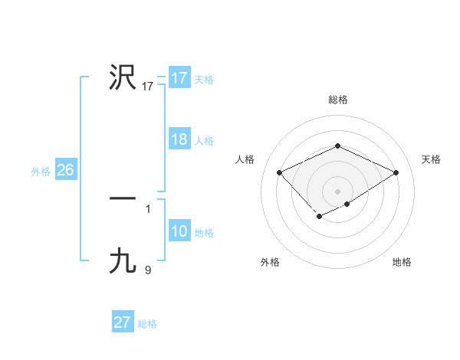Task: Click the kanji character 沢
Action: coord(123,77)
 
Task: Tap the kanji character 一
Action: coord(123,198)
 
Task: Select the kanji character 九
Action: coord(123,260)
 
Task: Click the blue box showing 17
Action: coord(179,78)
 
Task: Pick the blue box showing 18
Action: coord(179,140)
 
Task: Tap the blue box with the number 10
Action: coord(179,232)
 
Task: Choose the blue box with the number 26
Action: coord(65,170)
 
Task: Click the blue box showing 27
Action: coord(122,322)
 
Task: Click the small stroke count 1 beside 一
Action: coord(148,208)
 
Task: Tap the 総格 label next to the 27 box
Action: coord(147,324)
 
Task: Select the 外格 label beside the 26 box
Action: coord(41,172)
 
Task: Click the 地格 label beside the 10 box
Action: coord(204,233)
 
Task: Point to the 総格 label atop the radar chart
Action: coord(337,100)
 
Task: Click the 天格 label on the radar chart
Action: coord(431,159)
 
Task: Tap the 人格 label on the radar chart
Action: coord(245,159)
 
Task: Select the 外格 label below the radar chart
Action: coord(270,262)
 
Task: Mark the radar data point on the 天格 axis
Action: coord(396,172)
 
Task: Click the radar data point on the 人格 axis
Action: coord(280,172)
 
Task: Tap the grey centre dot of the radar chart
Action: coord(337,191)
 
